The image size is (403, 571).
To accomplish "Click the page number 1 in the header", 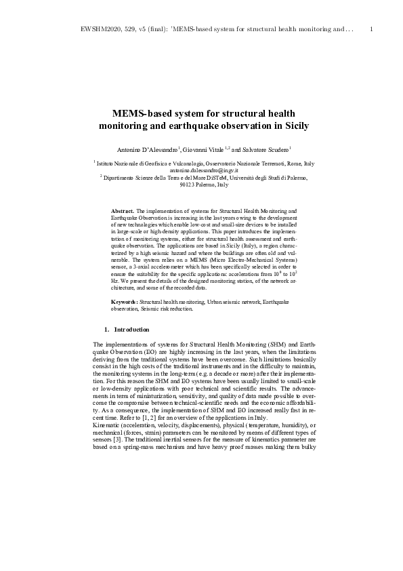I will tap(373, 30).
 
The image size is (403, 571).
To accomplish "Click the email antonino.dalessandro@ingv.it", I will tap(201, 171).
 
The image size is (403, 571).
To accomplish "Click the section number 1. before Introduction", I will tap(107, 330).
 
